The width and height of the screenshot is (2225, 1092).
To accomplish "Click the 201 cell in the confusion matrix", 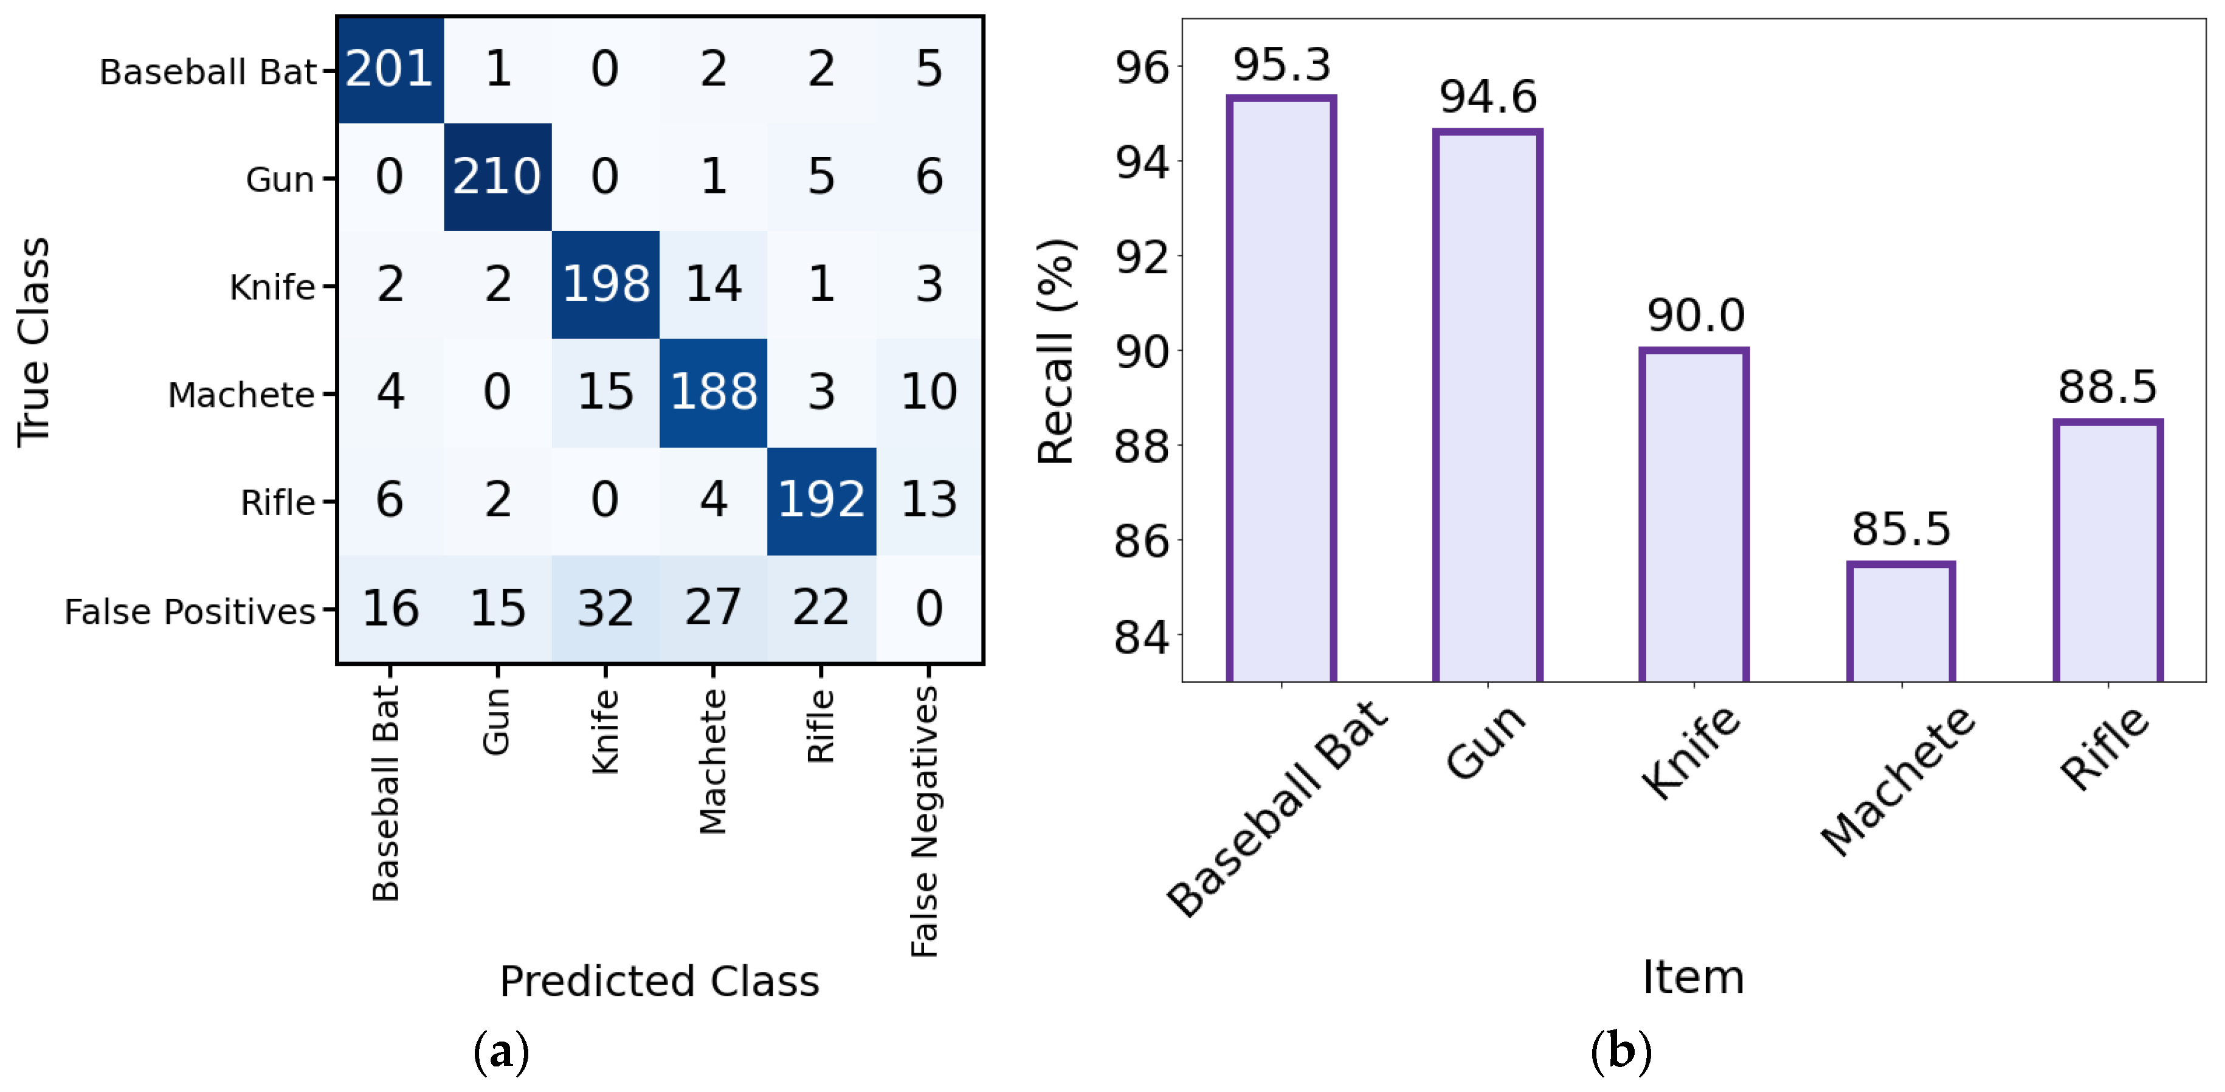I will coord(390,69).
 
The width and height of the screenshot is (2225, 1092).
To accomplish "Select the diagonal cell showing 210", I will coord(497,177).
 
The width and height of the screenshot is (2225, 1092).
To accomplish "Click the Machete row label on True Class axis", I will coord(241,395).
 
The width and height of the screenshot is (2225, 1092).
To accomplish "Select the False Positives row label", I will coord(190,612).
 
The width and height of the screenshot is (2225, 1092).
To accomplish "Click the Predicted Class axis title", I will coord(659,981).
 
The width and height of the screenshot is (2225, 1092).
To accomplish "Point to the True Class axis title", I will coord(35,342).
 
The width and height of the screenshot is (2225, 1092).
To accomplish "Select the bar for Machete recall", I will coord(1900,622).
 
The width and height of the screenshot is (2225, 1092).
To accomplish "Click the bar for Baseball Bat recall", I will coord(1281,389).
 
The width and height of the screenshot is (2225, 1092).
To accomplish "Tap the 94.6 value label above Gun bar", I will coord(1488,96).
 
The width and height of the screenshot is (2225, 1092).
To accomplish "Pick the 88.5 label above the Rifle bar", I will coord(2108,387).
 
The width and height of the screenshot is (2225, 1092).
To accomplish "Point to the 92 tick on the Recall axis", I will coord(1142,257).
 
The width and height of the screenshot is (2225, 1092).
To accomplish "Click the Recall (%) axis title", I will coord(1055,351).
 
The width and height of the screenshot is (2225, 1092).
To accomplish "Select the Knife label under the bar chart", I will coord(1691,752).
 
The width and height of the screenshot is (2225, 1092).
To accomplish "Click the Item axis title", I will coord(1693,977).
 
